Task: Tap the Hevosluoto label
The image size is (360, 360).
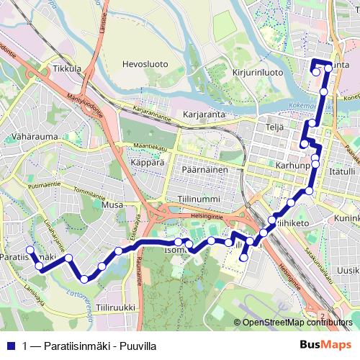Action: pyautogui.click(x=145, y=64)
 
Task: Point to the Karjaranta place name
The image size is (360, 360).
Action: pyautogui.click(x=204, y=114)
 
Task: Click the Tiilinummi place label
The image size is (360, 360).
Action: pyautogui.click(x=198, y=197)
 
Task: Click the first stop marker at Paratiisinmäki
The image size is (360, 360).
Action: pyautogui.click(x=30, y=251)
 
